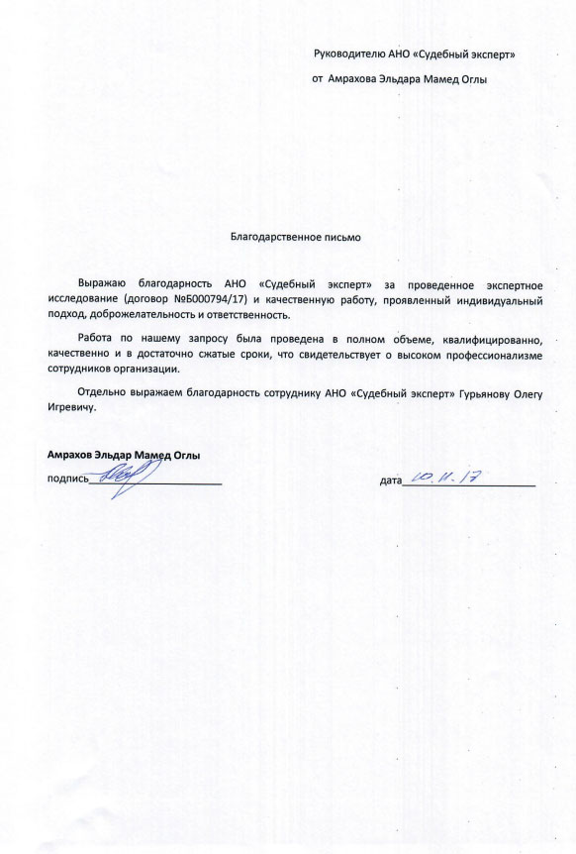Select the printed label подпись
67,480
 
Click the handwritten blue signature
124,477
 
